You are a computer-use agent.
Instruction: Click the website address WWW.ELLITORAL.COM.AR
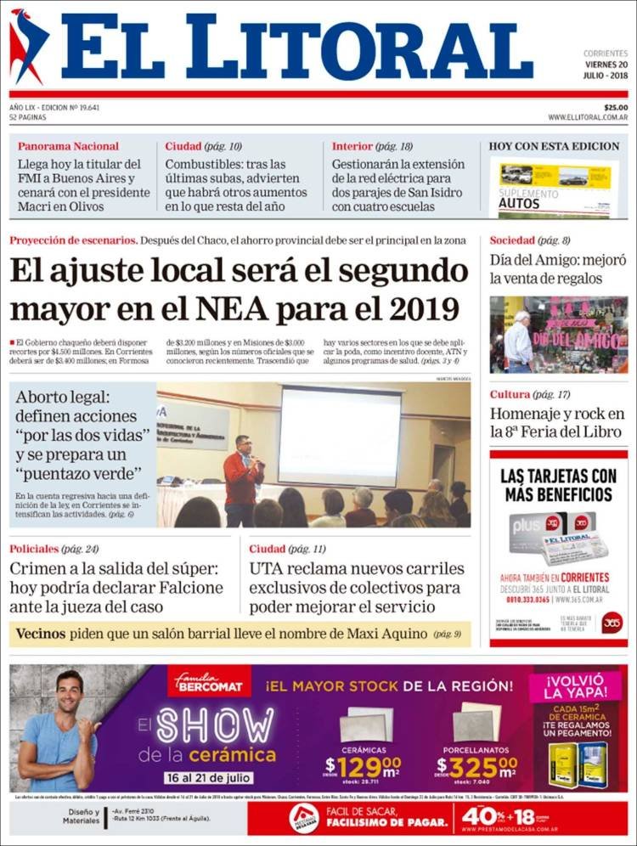pos(588,117)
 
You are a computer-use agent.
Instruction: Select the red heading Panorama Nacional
pos(68,146)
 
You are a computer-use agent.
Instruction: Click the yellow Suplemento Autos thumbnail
pos(555,187)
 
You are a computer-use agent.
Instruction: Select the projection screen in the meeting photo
pos(340,436)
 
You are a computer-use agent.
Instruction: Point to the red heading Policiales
pos(34,549)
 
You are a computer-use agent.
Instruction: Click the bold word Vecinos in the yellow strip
pos(41,633)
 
